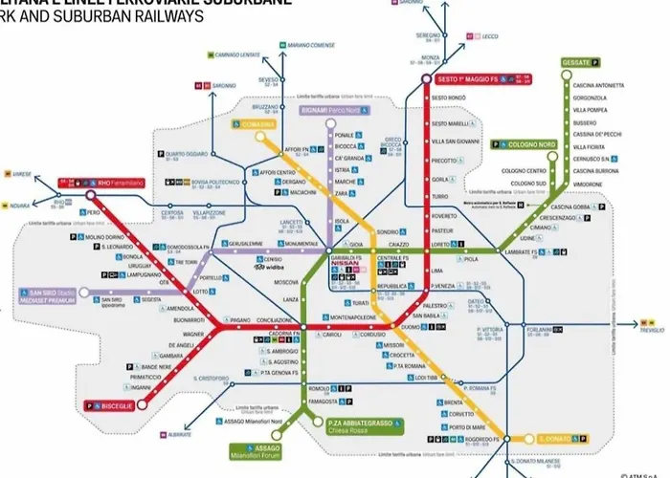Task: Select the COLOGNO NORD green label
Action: (x=529, y=144)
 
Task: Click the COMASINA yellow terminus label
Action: (x=254, y=123)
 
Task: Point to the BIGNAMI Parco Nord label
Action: (x=327, y=111)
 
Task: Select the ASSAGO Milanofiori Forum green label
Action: (x=267, y=451)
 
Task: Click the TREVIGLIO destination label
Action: (x=653, y=329)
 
